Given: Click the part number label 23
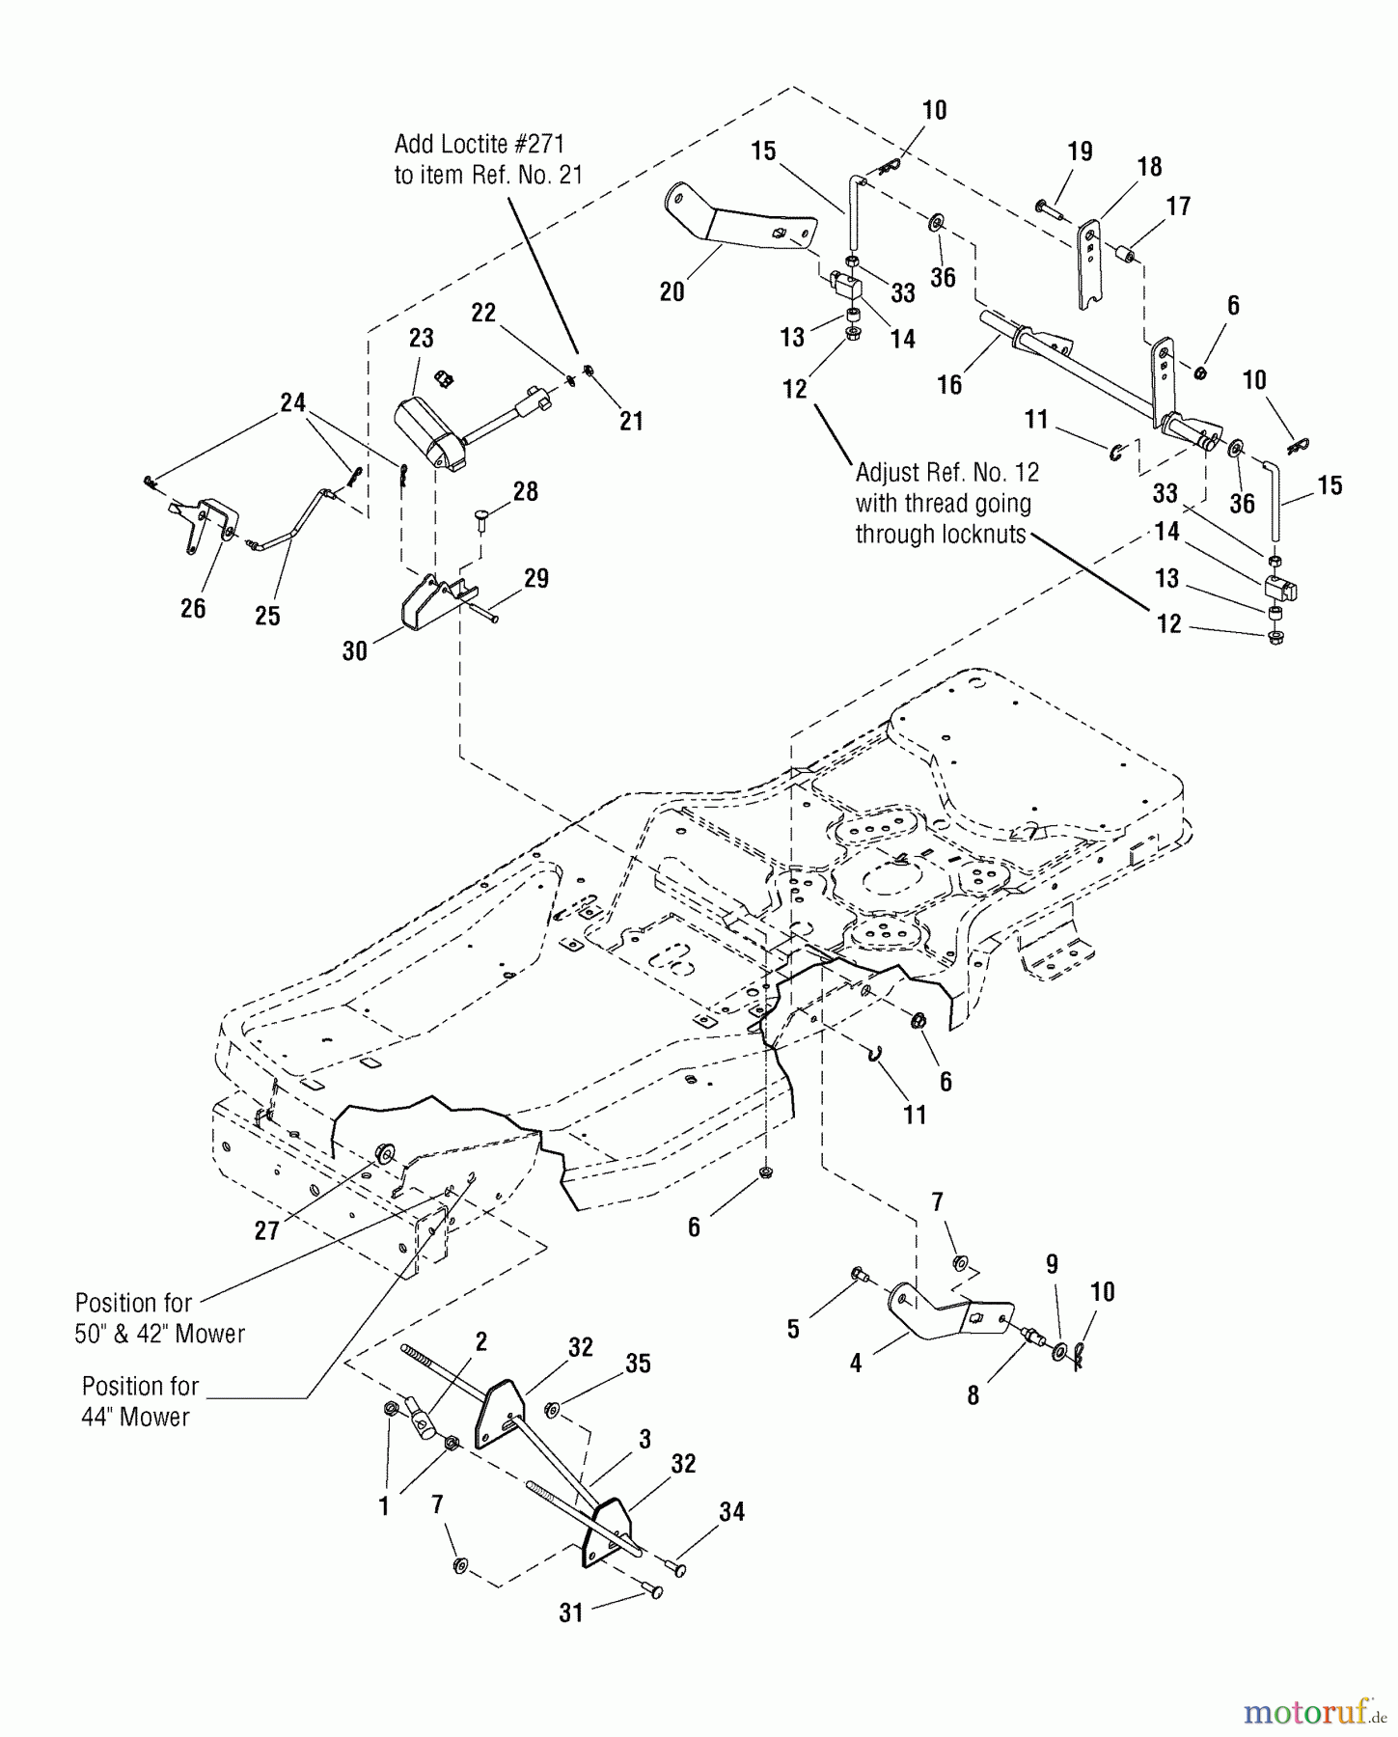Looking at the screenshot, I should [x=421, y=339].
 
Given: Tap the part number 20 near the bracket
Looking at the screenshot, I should [x=672, y=291].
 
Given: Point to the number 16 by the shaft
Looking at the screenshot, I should [x=949, y=385].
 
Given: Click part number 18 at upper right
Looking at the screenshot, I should [x=1149, y=166].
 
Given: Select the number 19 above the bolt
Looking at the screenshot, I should [x=1080, y=152].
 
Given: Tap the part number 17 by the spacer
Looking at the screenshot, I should [x=1178, y=206].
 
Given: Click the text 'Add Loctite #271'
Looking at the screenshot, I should [x=480, y=144].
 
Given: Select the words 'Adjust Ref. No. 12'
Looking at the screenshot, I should [x=946, y=473].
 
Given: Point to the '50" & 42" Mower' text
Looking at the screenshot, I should [x=160, y=1334].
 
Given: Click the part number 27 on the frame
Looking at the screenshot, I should [x=266, y=1230].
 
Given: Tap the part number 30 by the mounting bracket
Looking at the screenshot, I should [x=354, y=651].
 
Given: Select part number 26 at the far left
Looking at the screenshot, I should [x=193, y=608].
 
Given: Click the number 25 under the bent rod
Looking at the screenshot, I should [x=267, y=616].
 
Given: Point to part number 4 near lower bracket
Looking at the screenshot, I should [x=855, y=1365].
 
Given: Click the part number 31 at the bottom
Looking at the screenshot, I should [x=571, y=1613].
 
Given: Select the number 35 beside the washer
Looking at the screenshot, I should [x=638, y=1364].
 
